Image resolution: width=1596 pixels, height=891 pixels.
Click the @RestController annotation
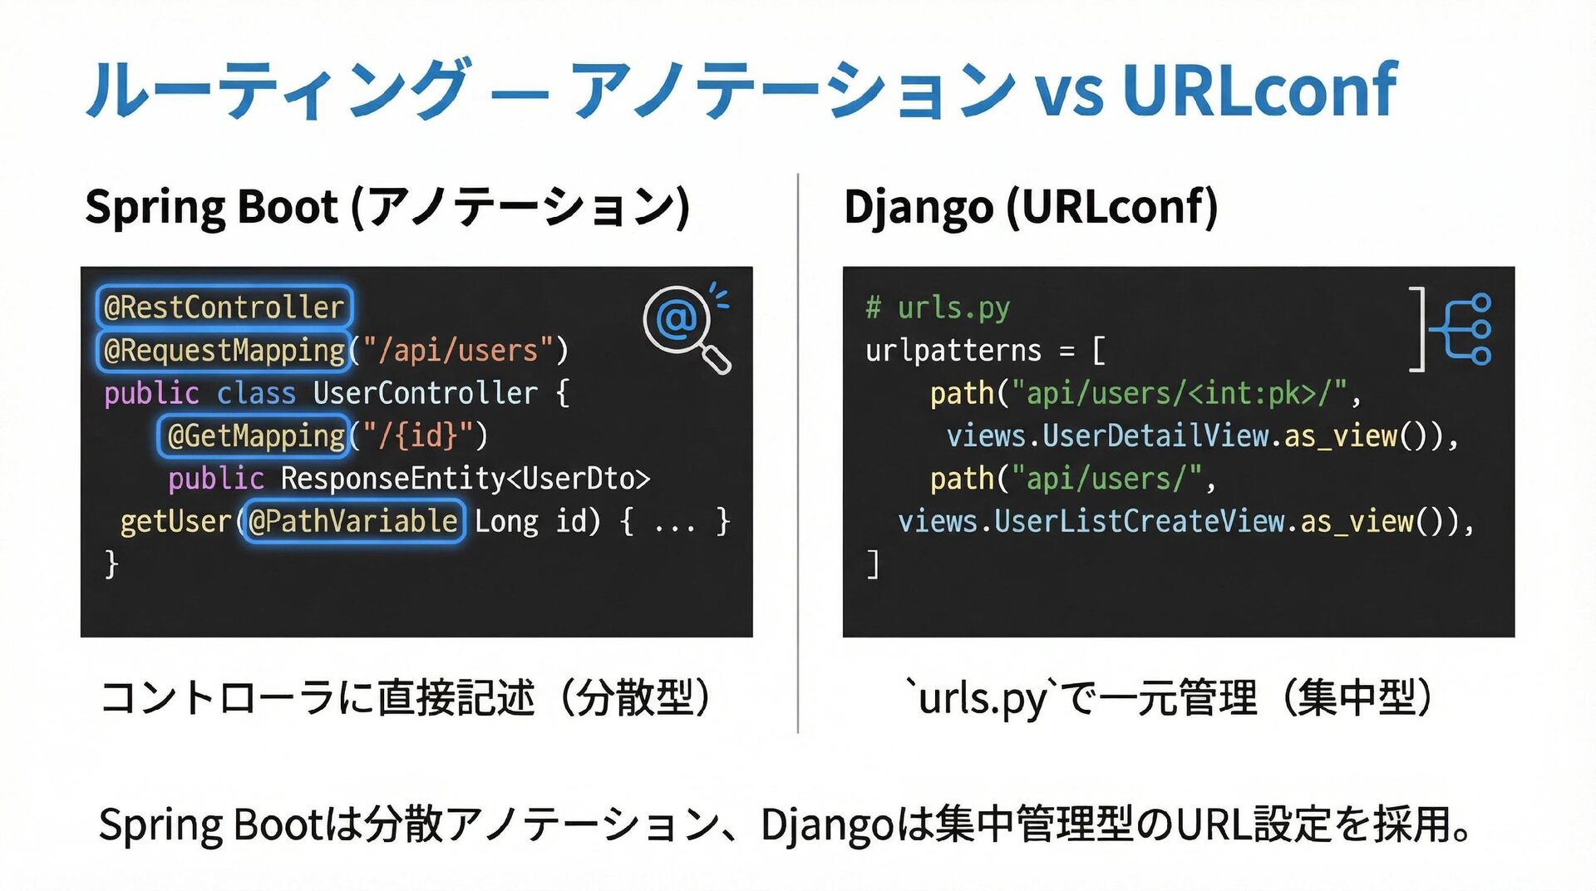(224, 307)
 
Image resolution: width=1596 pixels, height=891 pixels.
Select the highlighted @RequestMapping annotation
(224, 350)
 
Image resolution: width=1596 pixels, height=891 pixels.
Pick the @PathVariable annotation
(352, 521)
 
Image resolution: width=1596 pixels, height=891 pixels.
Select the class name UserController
(425, 393)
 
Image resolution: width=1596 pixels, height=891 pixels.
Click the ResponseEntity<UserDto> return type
(465, 479)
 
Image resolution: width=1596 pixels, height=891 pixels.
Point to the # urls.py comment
(938, 308)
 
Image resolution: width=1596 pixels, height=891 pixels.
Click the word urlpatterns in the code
(953, 350)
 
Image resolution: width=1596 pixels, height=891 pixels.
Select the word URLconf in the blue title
(1259, 90)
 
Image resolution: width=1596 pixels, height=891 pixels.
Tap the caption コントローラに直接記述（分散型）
(405, 697)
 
